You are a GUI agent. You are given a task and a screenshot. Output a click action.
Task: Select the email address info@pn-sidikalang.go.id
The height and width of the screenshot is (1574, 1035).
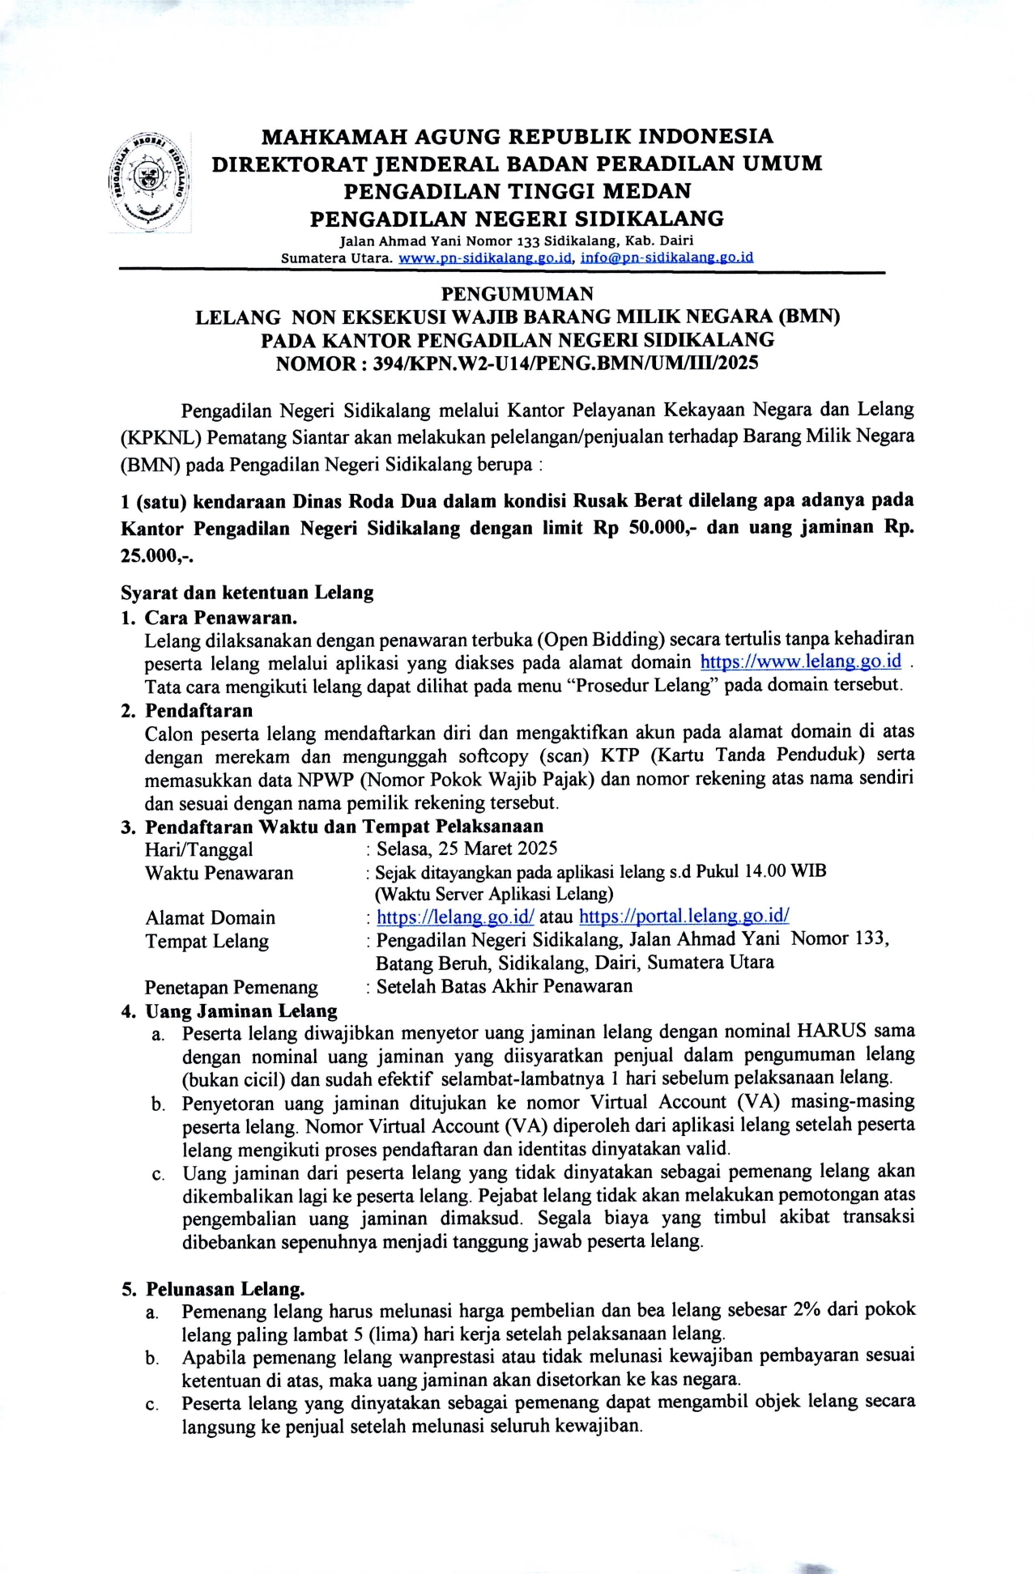point(667,258)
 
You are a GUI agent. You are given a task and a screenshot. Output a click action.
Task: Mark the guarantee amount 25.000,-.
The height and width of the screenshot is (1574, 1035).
point(157,556)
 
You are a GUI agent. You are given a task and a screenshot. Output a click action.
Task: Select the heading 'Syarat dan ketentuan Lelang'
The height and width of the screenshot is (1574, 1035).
point(247,593)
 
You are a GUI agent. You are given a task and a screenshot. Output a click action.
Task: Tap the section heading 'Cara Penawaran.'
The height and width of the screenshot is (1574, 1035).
point(221,618)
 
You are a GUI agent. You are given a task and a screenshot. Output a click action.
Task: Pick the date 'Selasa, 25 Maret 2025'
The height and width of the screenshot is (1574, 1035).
point(466,849)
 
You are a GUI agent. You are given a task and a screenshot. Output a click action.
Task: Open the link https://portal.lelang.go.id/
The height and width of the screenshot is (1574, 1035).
point(684,917)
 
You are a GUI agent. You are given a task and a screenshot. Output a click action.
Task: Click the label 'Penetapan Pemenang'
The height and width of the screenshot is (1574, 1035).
point(231,988)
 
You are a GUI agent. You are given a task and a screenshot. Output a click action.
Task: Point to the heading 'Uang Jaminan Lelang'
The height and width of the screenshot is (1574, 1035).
point(241,1010)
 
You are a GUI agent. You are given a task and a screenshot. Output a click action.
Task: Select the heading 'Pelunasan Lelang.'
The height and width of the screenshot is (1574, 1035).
point(224,1289)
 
